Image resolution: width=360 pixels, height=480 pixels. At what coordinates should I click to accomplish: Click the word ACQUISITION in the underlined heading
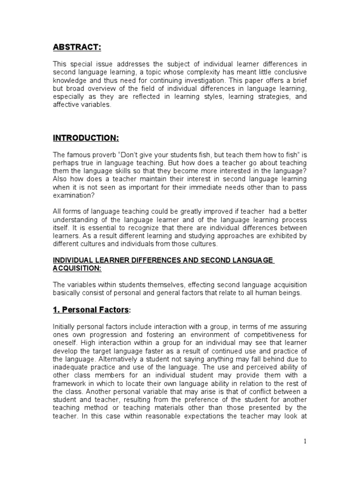pyautogui.click(x=76, y=268)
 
